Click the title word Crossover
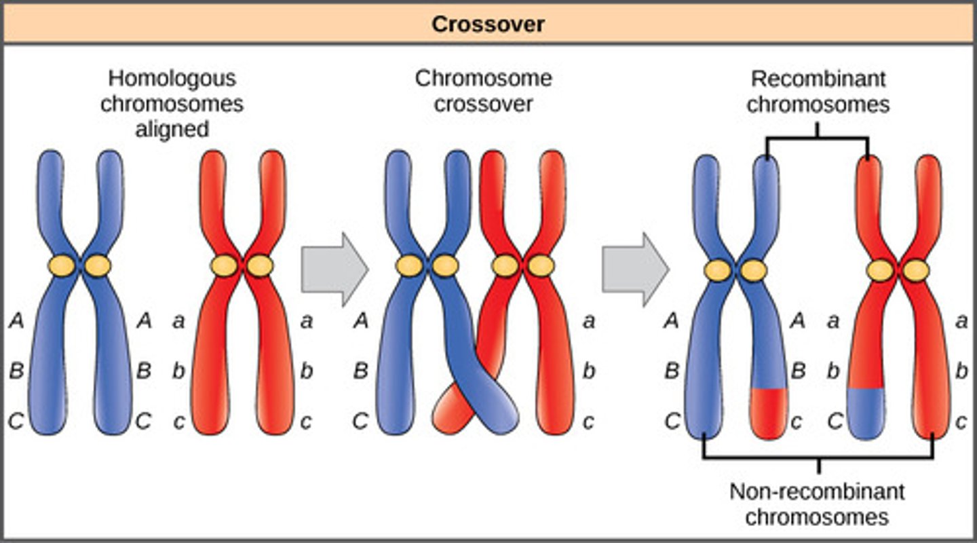click(x=488, y=24)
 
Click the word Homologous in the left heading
click(x=172, y=78)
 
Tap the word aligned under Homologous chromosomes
click(x=172, y=128)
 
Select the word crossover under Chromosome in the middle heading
click(x=484, y=104)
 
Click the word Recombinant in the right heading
click(x=818, y=79)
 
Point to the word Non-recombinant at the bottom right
click(x=817, y=491)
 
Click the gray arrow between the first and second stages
click(x=334, y=269)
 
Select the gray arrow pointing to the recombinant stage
click(x=635, y=269)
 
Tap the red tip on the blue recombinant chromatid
click(x=768, y=413)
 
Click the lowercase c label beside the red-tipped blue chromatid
click(x=797, y=422)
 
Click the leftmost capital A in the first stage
click(x=17, y=320)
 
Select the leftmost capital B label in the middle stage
click(x=361, y=371)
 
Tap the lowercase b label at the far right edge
click(x=961, y=371)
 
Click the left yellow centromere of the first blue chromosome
click(x=62, y=265)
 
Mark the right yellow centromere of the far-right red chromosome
click(x=916, y=270)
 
